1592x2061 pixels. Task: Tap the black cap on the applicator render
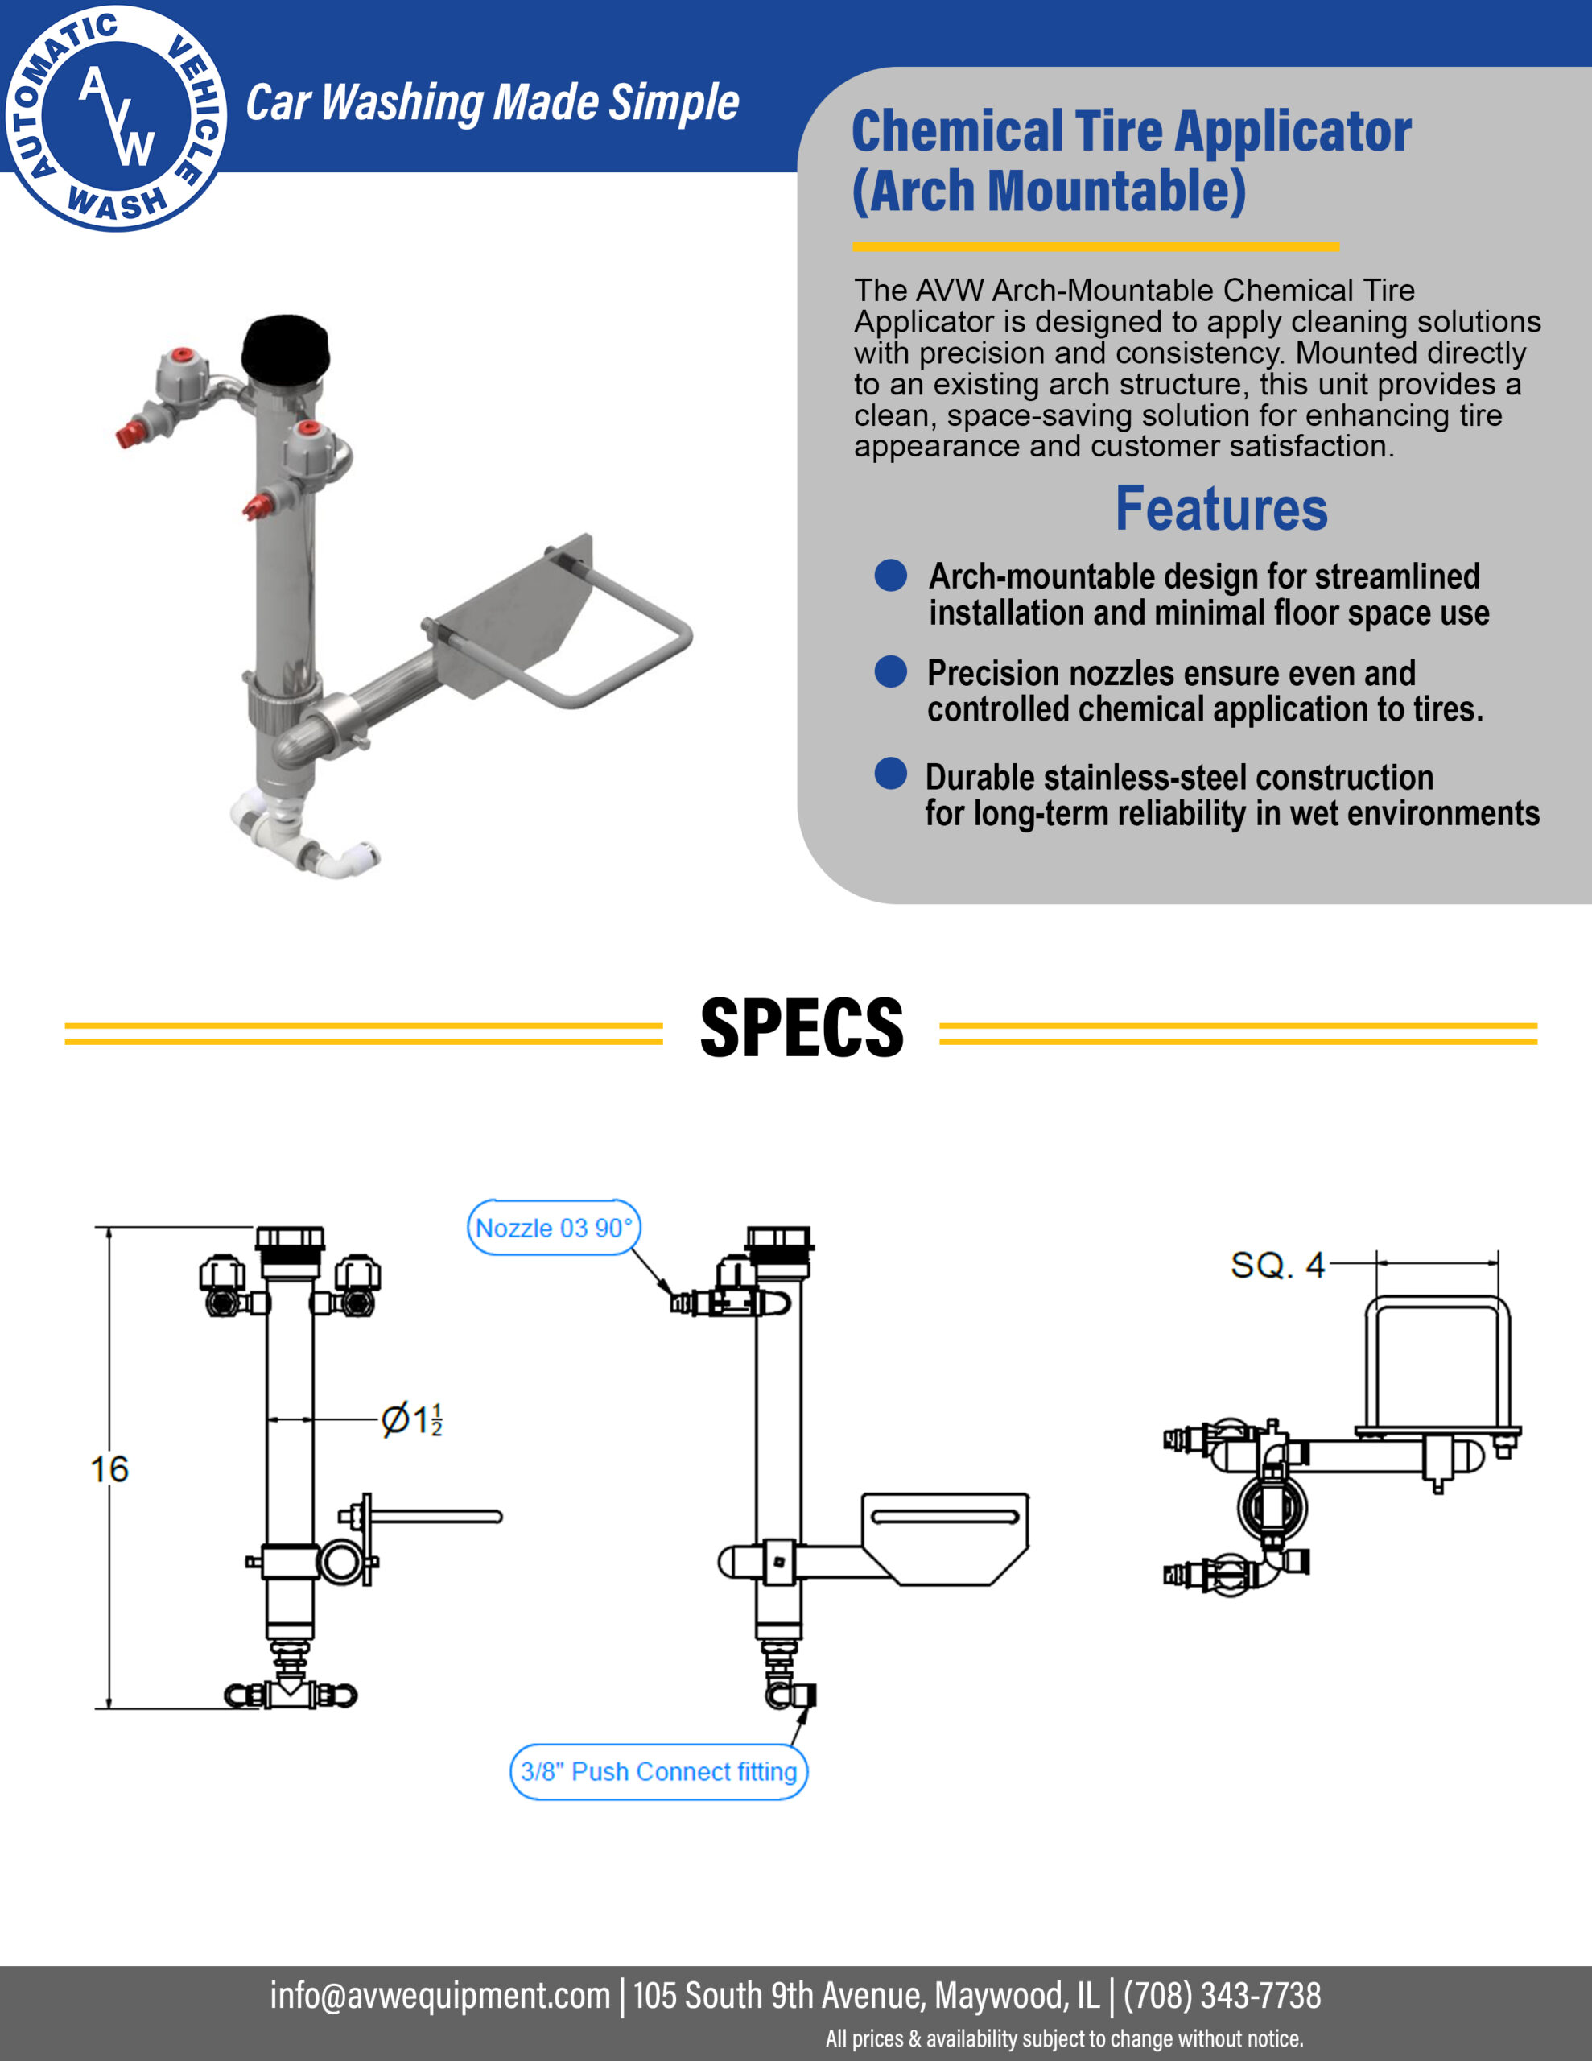[x=285, y=346]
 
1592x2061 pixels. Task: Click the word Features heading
[x=1221, y=509]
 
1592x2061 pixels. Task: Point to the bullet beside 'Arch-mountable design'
[x=891, y=575]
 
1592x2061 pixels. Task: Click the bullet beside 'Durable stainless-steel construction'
[x=891, y=773]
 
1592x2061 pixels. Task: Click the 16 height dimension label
[x=109, y=1469]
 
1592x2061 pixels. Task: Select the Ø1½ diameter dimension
[x=411, y=1419]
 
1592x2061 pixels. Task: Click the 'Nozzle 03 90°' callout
[x=554, y=1228]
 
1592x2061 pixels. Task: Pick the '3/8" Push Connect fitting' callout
[x=658, y=1771]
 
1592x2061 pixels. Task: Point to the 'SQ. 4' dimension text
[x=1278, y=1265]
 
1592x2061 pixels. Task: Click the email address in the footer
[x=439, y=1995]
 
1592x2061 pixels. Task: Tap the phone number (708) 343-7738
[x=1222, y=1995]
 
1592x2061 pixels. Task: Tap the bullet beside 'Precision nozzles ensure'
[x=891, y=672]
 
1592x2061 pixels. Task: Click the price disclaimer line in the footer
[x=1065, y=2038]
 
